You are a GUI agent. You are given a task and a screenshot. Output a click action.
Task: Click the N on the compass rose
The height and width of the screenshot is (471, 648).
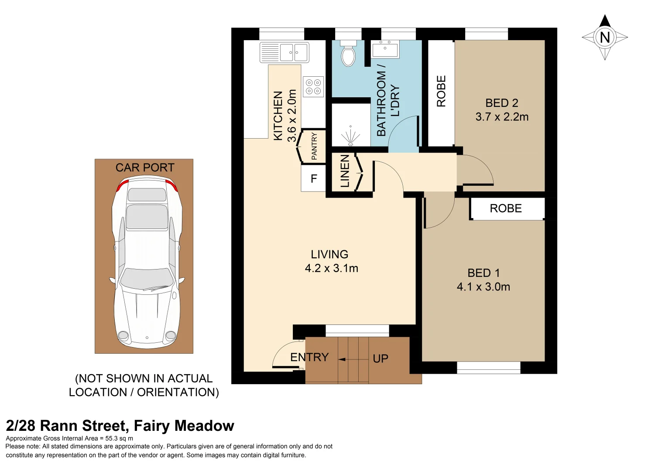click(x=604, y=38)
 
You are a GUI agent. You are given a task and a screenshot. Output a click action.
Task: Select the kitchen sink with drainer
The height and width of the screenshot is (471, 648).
click(x=285, y=52)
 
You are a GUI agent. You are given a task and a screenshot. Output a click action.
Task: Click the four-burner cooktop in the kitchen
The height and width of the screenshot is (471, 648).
click(x=313, y=86)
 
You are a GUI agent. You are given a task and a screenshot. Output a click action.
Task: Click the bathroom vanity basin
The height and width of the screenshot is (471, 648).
click(x=385, y=49)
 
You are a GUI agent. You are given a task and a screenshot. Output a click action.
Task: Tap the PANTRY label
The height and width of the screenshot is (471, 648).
click(x=314, y=147)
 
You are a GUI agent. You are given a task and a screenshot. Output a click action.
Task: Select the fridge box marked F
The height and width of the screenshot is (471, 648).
click(x=313, y=179)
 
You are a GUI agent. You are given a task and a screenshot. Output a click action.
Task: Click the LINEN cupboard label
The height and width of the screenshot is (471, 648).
click(x=345, y=171)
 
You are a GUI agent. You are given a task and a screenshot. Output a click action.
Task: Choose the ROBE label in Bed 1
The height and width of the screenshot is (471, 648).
click(x=506, y=208)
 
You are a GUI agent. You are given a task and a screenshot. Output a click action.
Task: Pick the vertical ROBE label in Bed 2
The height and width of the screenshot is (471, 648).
click(x=441, y=91)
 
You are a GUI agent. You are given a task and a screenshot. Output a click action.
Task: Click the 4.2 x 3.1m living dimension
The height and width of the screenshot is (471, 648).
click(x=331, y=269)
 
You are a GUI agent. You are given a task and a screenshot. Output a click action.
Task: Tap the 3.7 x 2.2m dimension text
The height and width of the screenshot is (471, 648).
click(x=502, y=117)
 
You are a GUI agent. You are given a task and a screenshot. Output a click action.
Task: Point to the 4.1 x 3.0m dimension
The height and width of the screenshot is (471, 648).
click(x=483, y=287)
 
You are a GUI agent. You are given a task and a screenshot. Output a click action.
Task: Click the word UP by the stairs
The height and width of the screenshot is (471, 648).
click(x=381, y=358)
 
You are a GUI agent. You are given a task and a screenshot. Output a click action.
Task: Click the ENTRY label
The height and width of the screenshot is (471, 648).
click(x=309, y=357)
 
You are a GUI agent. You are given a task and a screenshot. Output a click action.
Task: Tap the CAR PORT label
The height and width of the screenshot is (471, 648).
click(x=144, y=167)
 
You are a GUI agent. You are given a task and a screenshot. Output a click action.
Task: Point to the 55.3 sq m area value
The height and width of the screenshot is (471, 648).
click(x=119, y=438)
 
